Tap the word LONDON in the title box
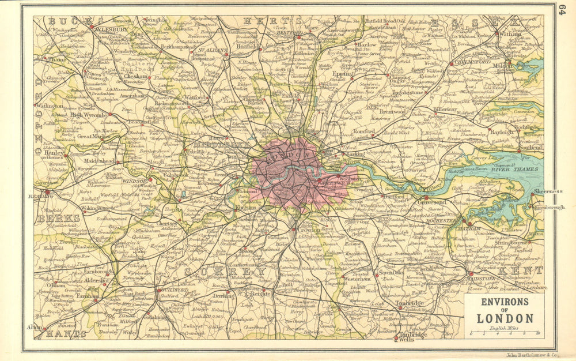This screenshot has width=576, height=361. (503, 318)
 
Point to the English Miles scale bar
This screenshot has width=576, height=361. (504, 333)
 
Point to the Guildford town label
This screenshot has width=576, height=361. (174, 289)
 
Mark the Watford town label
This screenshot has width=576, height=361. (196, 98)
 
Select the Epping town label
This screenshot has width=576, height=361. (343, 74)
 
